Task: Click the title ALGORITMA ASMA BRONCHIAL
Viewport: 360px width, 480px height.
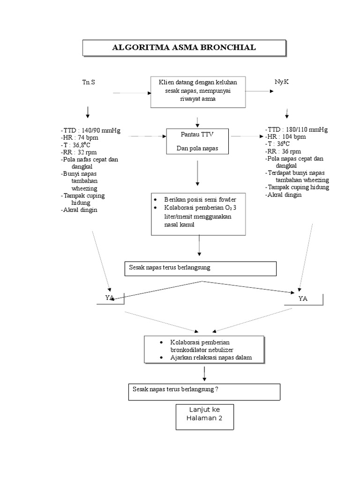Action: (x=184, y=47)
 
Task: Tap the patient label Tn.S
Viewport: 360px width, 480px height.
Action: (x=89, y=82)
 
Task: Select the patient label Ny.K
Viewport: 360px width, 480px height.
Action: (x=282, y=82)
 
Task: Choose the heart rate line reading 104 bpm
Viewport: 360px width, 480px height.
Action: (x=285, y=137)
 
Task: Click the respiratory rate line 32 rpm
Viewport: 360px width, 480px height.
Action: (x=79, y=152)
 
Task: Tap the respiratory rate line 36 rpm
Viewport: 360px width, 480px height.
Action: (x=283, y=151)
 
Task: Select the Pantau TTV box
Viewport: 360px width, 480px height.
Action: (x=197, y=141)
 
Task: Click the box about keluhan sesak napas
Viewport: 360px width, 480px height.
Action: (x=198, y=92)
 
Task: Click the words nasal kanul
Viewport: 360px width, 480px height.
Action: (x=180, y=225)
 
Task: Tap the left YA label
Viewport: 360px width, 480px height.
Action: (x=110, y=298)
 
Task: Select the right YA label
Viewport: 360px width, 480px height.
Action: (x=303, y=299)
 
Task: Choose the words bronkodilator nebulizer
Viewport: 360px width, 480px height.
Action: (x=202, y=350)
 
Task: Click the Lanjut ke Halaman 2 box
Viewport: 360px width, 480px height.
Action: (x=205, y=417)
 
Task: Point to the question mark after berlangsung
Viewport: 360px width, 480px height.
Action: (x=217, y=390)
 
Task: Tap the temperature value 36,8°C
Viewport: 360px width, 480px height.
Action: (x=82, y=145)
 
